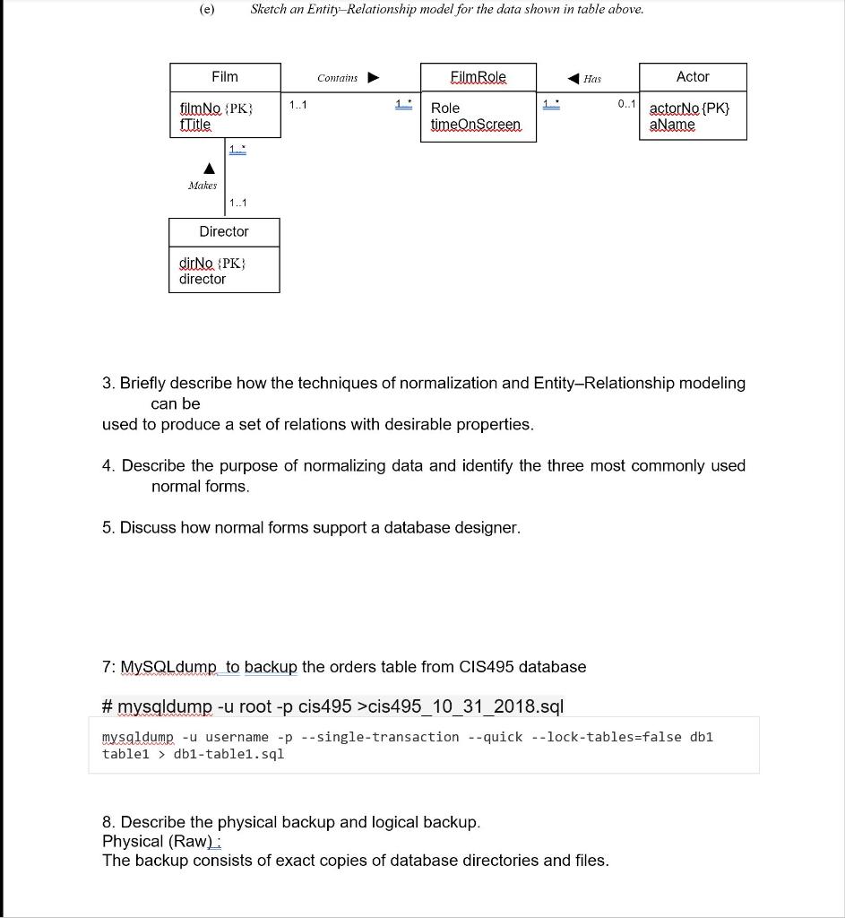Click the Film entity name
pyautogui.click(x=224, y=77)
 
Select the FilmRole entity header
pyautogui.click(x=478, y=77)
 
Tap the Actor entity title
pyautogui.click(x=693, y=77)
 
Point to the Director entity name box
pyautogui.click(x=224, y=231)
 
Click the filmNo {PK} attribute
pyautogui.click(x=216, y=108)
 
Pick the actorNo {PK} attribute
pyautogui.click(x=689, y=108)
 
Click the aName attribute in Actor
pyautogui.click(x=672, y=125)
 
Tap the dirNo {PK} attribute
pyautogui.click(x=212, y=264)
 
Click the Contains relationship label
pyautogui.click(x=337, y=78)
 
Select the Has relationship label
pyautogui.click(x=592, y=79)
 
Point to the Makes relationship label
pyautogui.click(x=203, y=186)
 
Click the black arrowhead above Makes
pyautogui.click(x=209, y=168)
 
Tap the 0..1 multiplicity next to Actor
pyautogui.click(x=626, y=105)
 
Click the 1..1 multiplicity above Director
pyautogui.click(x=238, y=204)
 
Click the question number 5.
pyautogui.click(x=108, y=527)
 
